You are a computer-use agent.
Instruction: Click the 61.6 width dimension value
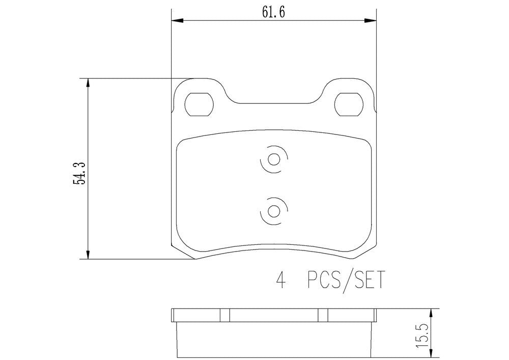tap(273, 12)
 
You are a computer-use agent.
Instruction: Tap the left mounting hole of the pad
tap(199, 104)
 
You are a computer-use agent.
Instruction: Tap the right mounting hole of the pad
tap(349, 104)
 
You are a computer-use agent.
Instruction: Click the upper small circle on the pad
tap(273, 159)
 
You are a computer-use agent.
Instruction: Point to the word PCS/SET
tap(346, 281)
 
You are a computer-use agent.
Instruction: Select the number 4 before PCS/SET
tap(279, 281)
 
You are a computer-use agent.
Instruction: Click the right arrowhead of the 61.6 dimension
tap(372, 20)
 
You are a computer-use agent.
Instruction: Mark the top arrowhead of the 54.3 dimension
tap(89, 83)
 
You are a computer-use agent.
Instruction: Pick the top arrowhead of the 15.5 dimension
tap(432, 312)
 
